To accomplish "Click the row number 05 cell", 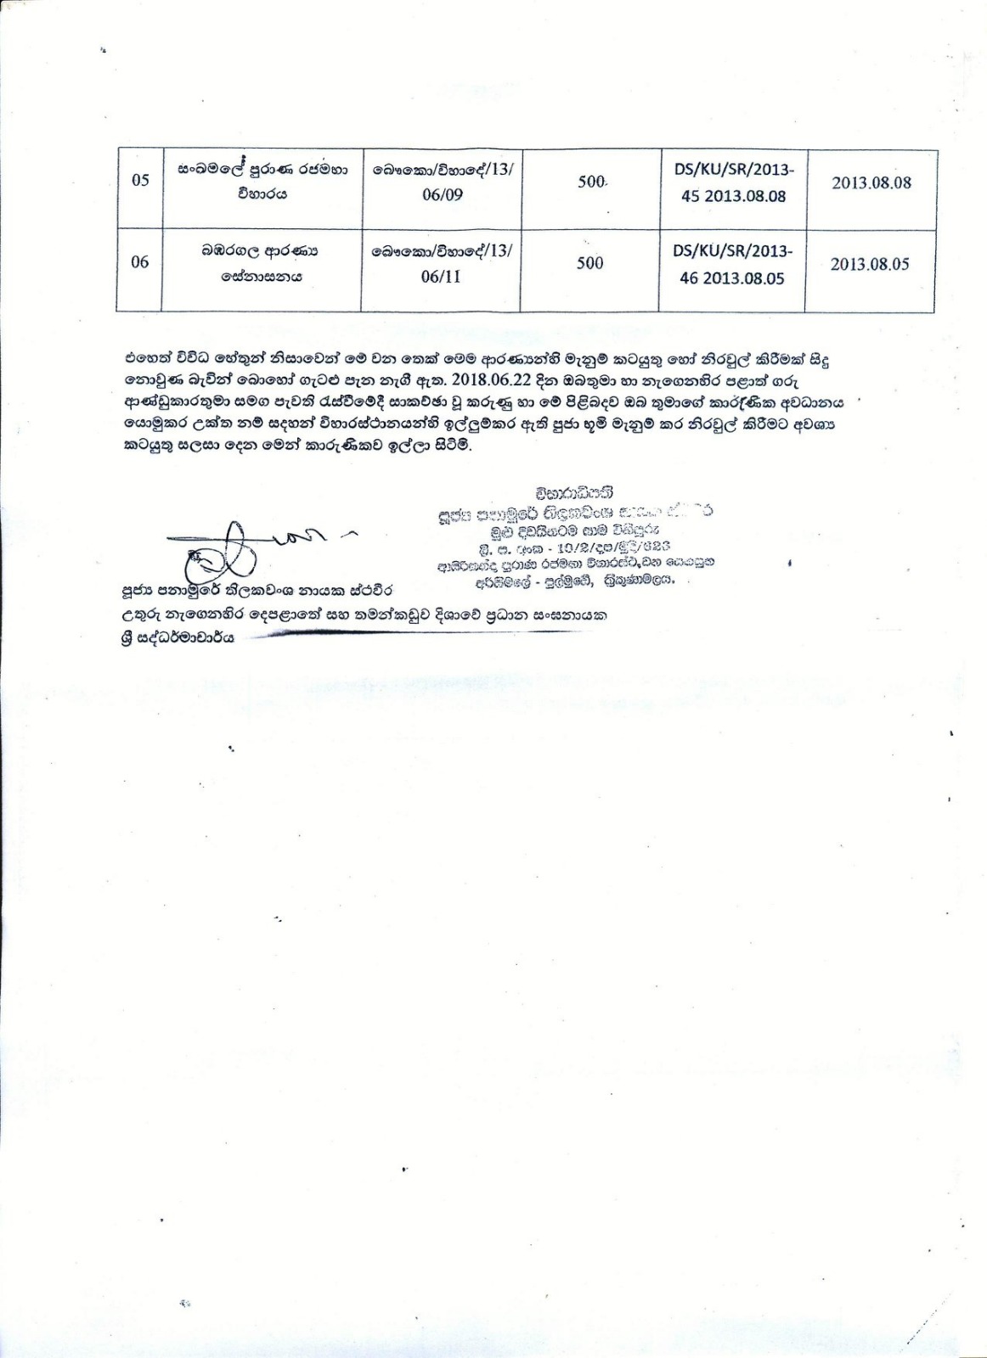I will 140,181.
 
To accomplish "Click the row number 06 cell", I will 140,262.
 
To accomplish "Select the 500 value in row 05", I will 590,182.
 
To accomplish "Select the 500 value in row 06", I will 589,263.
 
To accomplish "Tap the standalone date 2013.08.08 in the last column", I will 871,182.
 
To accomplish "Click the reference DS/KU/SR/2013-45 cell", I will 733,182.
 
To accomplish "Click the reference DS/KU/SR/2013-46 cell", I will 732,264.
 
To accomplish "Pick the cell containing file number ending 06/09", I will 442,182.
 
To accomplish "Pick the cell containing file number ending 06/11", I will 441,263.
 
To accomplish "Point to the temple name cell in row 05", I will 262,182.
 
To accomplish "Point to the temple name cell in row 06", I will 261,263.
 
